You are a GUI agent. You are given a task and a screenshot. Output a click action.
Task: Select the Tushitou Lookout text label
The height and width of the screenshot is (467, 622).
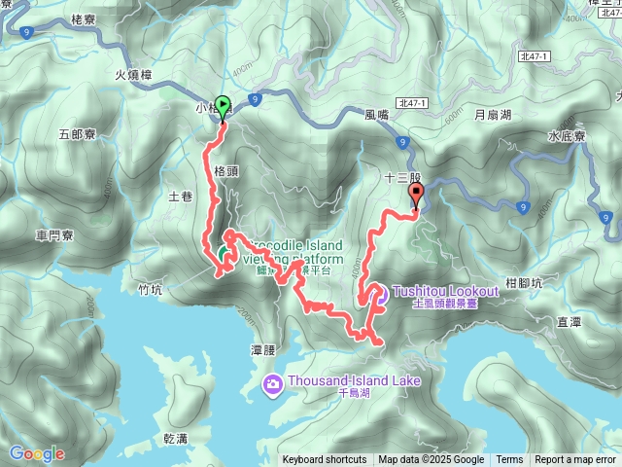(x=447, y=291)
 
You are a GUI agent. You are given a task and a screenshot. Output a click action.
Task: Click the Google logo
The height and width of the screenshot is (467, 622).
(x=36, y=453)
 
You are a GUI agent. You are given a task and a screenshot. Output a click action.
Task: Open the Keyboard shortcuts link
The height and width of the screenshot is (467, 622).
(x=325, y=460)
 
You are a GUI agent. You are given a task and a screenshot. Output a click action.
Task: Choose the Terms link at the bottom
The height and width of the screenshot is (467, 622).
(x=509, y=460)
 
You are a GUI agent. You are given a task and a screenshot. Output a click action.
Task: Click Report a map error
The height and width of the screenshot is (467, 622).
(x=574, y=460)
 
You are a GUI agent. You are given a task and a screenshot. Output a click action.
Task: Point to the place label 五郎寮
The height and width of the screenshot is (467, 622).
(x=77, y=134)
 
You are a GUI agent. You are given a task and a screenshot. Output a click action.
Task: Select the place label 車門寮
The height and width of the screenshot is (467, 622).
(x=55, y=235)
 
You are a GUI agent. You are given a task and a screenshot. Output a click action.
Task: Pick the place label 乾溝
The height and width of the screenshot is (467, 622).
(x=177, y=439)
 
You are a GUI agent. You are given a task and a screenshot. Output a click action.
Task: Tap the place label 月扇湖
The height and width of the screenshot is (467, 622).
(x=492, y=114)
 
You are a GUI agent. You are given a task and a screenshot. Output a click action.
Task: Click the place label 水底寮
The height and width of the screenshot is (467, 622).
(x=565, y=136)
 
